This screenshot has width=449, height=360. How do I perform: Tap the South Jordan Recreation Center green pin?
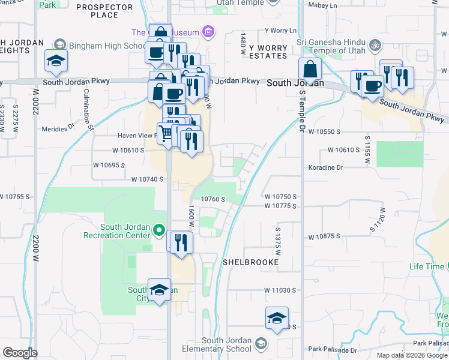tap(159, 229)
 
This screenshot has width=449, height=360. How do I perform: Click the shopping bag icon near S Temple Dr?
tap(310, 70)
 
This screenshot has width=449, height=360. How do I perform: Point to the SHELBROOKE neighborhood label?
tap(250, 262)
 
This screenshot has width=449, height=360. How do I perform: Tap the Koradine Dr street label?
tap(325, 167)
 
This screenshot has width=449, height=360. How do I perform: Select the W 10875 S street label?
tap(324, 236)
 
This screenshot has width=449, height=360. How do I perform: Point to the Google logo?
tap(20, 353)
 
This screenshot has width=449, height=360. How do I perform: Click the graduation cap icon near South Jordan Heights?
tap(56, 61)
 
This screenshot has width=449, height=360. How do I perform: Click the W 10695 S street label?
tap(109, 164)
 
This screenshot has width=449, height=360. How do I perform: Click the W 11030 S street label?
tap(280, 290)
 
